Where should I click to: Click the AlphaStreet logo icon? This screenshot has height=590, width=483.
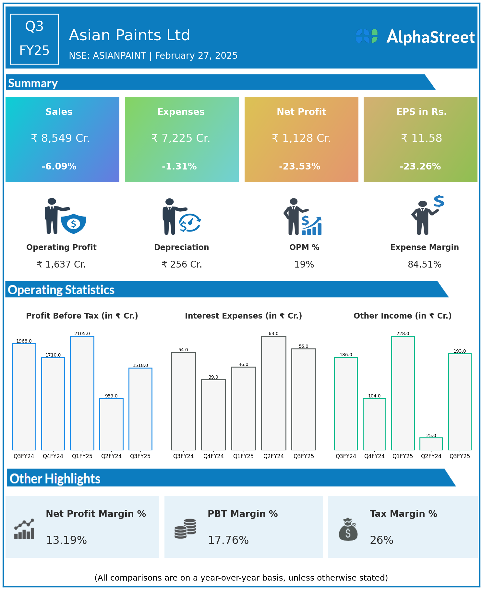367,36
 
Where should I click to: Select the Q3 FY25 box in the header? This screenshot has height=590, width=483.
34,39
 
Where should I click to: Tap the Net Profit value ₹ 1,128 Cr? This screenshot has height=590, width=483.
301,138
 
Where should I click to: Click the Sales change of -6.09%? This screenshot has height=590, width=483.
59,166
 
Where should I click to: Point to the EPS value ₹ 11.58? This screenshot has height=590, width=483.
421,138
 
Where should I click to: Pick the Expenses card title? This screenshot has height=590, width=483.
181,112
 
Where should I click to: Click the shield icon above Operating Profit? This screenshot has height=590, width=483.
74,223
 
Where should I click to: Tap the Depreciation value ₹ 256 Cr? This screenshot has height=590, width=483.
182,265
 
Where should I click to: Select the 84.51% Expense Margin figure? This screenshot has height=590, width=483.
425,265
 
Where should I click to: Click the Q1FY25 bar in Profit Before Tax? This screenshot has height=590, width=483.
82,393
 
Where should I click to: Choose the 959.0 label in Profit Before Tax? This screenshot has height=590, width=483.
111,396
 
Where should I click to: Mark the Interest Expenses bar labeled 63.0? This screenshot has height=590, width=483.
274,393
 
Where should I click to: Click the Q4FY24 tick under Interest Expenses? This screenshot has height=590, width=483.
213,456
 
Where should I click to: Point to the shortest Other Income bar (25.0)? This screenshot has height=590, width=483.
431,444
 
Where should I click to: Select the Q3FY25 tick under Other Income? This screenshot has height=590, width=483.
460,456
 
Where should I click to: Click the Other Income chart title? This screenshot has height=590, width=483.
403,316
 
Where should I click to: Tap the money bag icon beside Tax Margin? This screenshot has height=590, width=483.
348,529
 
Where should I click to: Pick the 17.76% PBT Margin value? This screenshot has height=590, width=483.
228,540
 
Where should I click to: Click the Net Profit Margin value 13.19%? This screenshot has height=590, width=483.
66,540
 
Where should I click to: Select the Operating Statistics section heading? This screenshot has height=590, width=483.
61,290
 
